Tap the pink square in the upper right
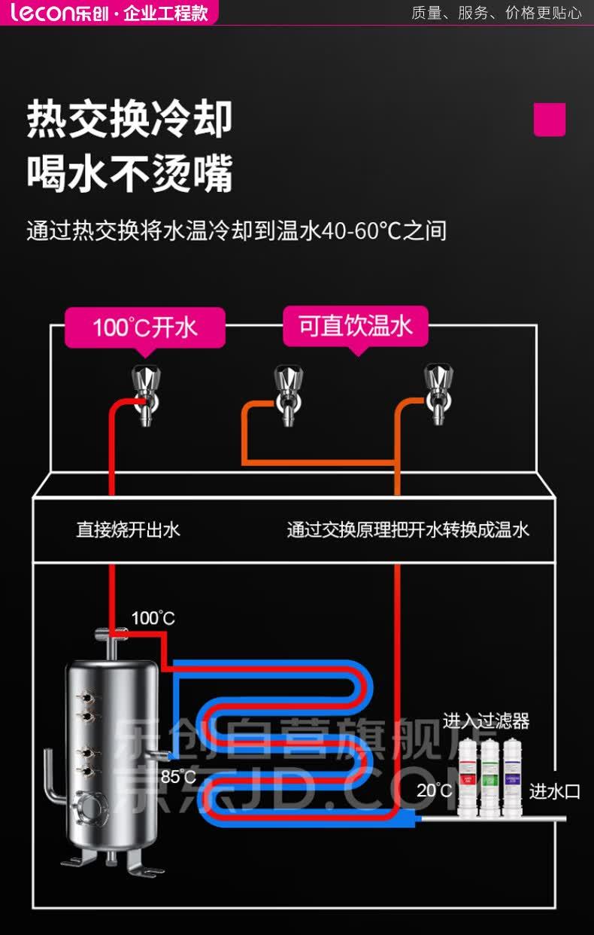549,120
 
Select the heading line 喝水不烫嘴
129,173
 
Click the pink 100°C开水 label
144,327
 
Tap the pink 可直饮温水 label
356,326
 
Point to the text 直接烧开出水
128,530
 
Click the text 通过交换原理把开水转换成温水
408,530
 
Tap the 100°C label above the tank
153,619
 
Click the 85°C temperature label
177,776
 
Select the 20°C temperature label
435,790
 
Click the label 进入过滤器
486,721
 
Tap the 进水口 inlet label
555,791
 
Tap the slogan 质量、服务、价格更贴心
496,13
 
